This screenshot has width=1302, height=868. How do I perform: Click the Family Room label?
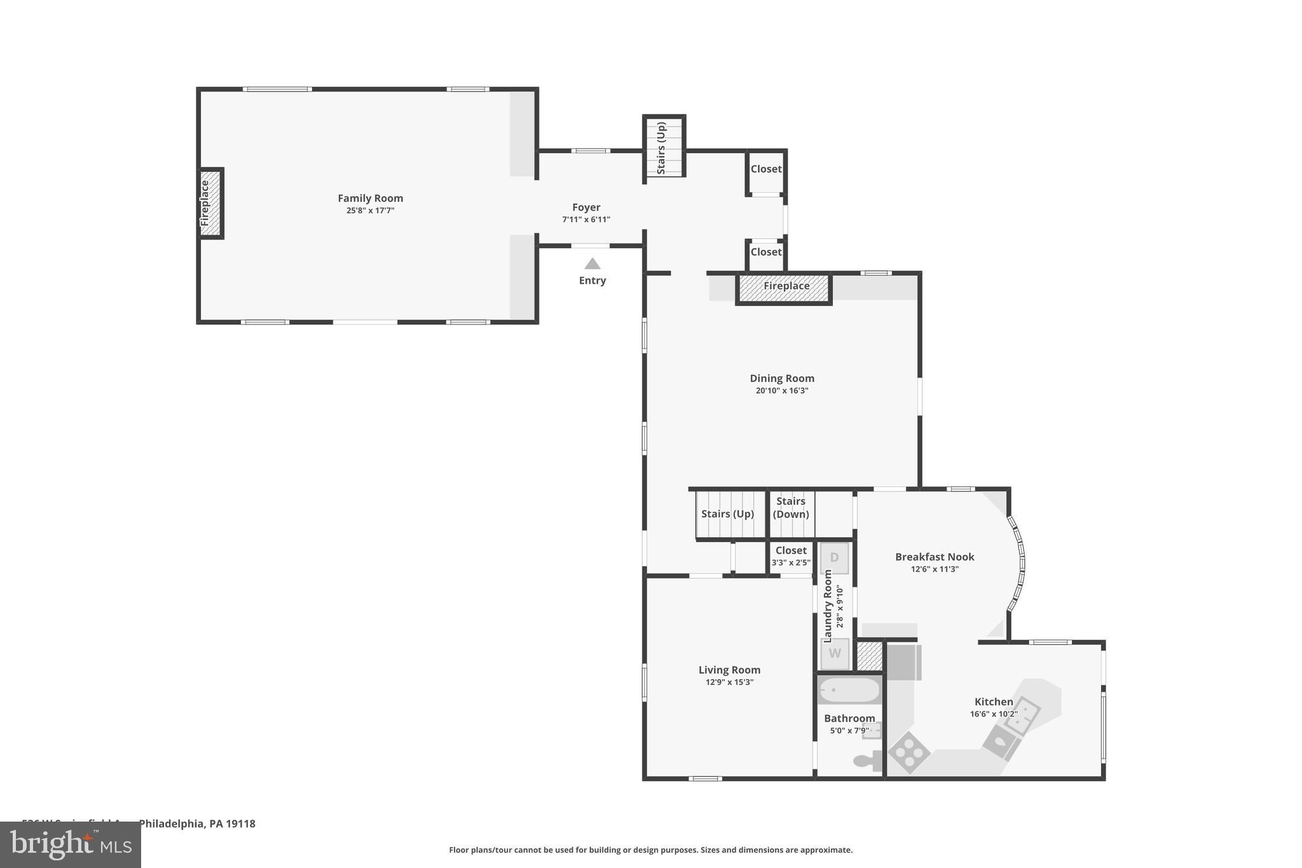click(x=370, y=198)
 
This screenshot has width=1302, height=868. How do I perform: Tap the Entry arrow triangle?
click(x=592, y=264)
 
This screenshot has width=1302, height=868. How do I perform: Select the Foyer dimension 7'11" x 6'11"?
click(x=586, y=220)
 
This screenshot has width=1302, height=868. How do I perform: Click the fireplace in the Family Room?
click(x=210, y=203)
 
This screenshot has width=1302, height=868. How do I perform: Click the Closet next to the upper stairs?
click(x=765, y=170)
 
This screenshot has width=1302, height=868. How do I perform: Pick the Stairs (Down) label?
click(x=791, y=507)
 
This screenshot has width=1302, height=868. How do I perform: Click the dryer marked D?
click(x=834, y=558)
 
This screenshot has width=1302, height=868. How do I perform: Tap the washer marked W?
click(x=834, y=653)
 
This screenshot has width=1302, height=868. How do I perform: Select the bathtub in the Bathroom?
click(x=849, y=690)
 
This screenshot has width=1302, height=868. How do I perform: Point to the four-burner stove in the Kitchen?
click(x=908, y=753)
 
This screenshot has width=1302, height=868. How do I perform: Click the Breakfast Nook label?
click(x=934, y=557)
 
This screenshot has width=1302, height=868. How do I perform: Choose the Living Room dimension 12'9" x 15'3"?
click(x=729, y=682)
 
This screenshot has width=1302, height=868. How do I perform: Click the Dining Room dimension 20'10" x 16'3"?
click(x=781, y=391)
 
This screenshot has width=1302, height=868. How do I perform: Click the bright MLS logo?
click(x=71, y=845)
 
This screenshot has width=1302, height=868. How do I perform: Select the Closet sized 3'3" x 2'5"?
click(x=791, y=556)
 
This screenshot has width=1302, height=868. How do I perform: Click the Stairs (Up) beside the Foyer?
click(x=663, y=148)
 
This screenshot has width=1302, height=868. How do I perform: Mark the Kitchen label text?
click(x=993, y=702)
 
